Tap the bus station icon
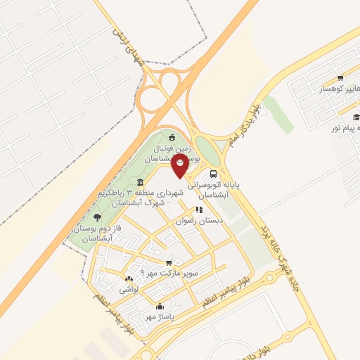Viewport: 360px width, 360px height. coord(213,172)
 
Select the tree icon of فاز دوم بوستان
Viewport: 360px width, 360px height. coord(96,218)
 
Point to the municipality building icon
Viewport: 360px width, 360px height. coord(141,182)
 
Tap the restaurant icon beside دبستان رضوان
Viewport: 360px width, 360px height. coord(199,209)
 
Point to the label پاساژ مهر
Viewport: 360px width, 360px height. coord(159,317)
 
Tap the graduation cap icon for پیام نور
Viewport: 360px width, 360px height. coord(356,116)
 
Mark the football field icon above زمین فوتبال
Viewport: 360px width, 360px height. coord(173,136)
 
